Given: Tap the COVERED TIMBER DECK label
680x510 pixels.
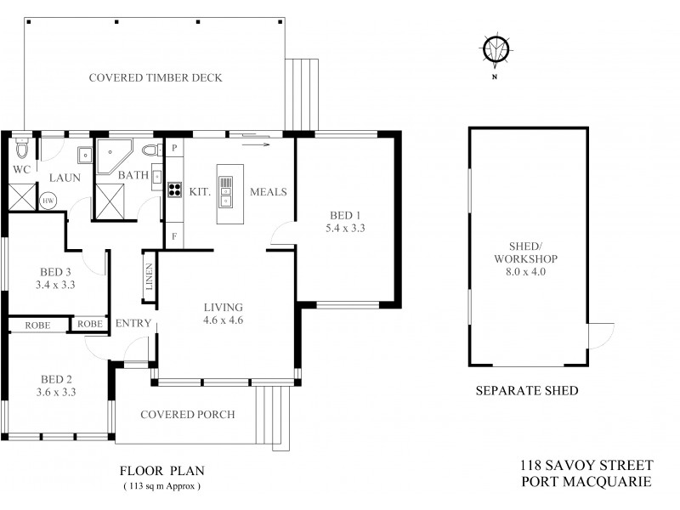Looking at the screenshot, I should (156, 78).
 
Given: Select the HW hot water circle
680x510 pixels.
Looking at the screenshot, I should (48, 201).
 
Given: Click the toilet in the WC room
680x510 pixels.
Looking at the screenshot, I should (24, 151).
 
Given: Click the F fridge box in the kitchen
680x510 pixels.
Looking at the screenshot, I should (174, 236).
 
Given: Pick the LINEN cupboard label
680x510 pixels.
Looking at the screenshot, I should (150, 277).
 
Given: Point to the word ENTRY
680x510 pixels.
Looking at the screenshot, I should (133, 323).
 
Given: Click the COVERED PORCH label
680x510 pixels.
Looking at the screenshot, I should (188, 415).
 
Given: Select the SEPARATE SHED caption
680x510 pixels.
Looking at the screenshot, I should (526, 391).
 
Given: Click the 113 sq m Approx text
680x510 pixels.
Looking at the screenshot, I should (162, 487).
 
